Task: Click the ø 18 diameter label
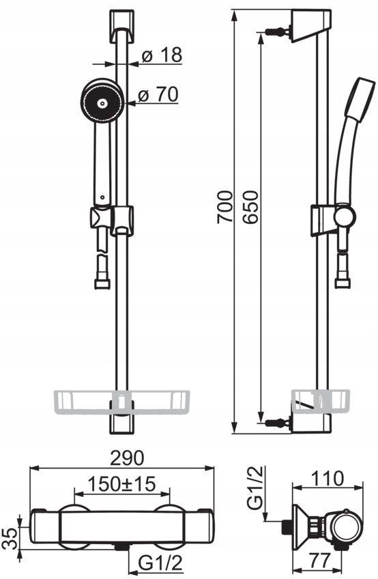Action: click(x=162, y=55)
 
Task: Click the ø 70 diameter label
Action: click(x=158, y=95)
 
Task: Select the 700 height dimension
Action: click(x=224, y=206)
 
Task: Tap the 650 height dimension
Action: click(x=250, y=206)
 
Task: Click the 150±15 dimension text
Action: click(x=122, y=483)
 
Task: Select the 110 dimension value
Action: click(x=327, y=479)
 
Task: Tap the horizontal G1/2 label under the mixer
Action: click(x=160, y=563)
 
